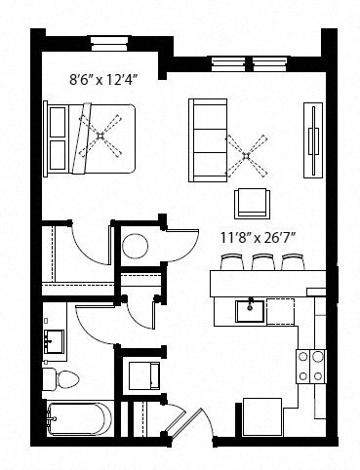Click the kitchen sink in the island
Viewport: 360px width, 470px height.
point(251,311)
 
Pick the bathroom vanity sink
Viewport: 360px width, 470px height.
point(54,340)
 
